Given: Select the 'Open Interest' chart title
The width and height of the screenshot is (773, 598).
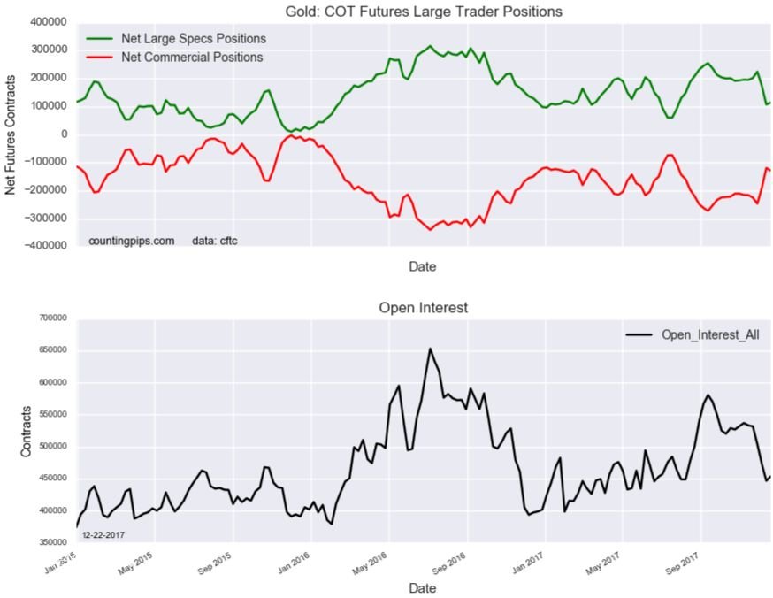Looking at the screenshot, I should click(423, 308).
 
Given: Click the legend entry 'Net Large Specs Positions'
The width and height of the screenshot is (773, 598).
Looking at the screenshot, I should click(193, 39).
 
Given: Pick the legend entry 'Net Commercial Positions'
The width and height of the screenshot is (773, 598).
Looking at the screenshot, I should click(192, 57).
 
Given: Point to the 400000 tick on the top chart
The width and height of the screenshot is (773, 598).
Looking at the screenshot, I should click(53, 21).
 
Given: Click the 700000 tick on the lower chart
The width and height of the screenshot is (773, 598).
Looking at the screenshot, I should click(56, 318).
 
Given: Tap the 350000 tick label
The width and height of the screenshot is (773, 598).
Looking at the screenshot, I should click(56, 543).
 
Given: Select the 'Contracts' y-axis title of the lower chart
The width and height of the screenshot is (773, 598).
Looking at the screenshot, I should click(26, 431).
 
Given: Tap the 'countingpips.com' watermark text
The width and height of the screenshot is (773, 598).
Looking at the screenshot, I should click(131, 241).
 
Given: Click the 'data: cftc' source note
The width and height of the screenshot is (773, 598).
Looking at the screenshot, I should click(214, 241).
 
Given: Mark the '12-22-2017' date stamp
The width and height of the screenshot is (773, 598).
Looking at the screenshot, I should click(104, 535).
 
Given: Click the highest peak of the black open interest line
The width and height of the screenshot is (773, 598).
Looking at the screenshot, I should click(430, 349).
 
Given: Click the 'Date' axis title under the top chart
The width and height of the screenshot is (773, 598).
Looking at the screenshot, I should click(423, 265).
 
